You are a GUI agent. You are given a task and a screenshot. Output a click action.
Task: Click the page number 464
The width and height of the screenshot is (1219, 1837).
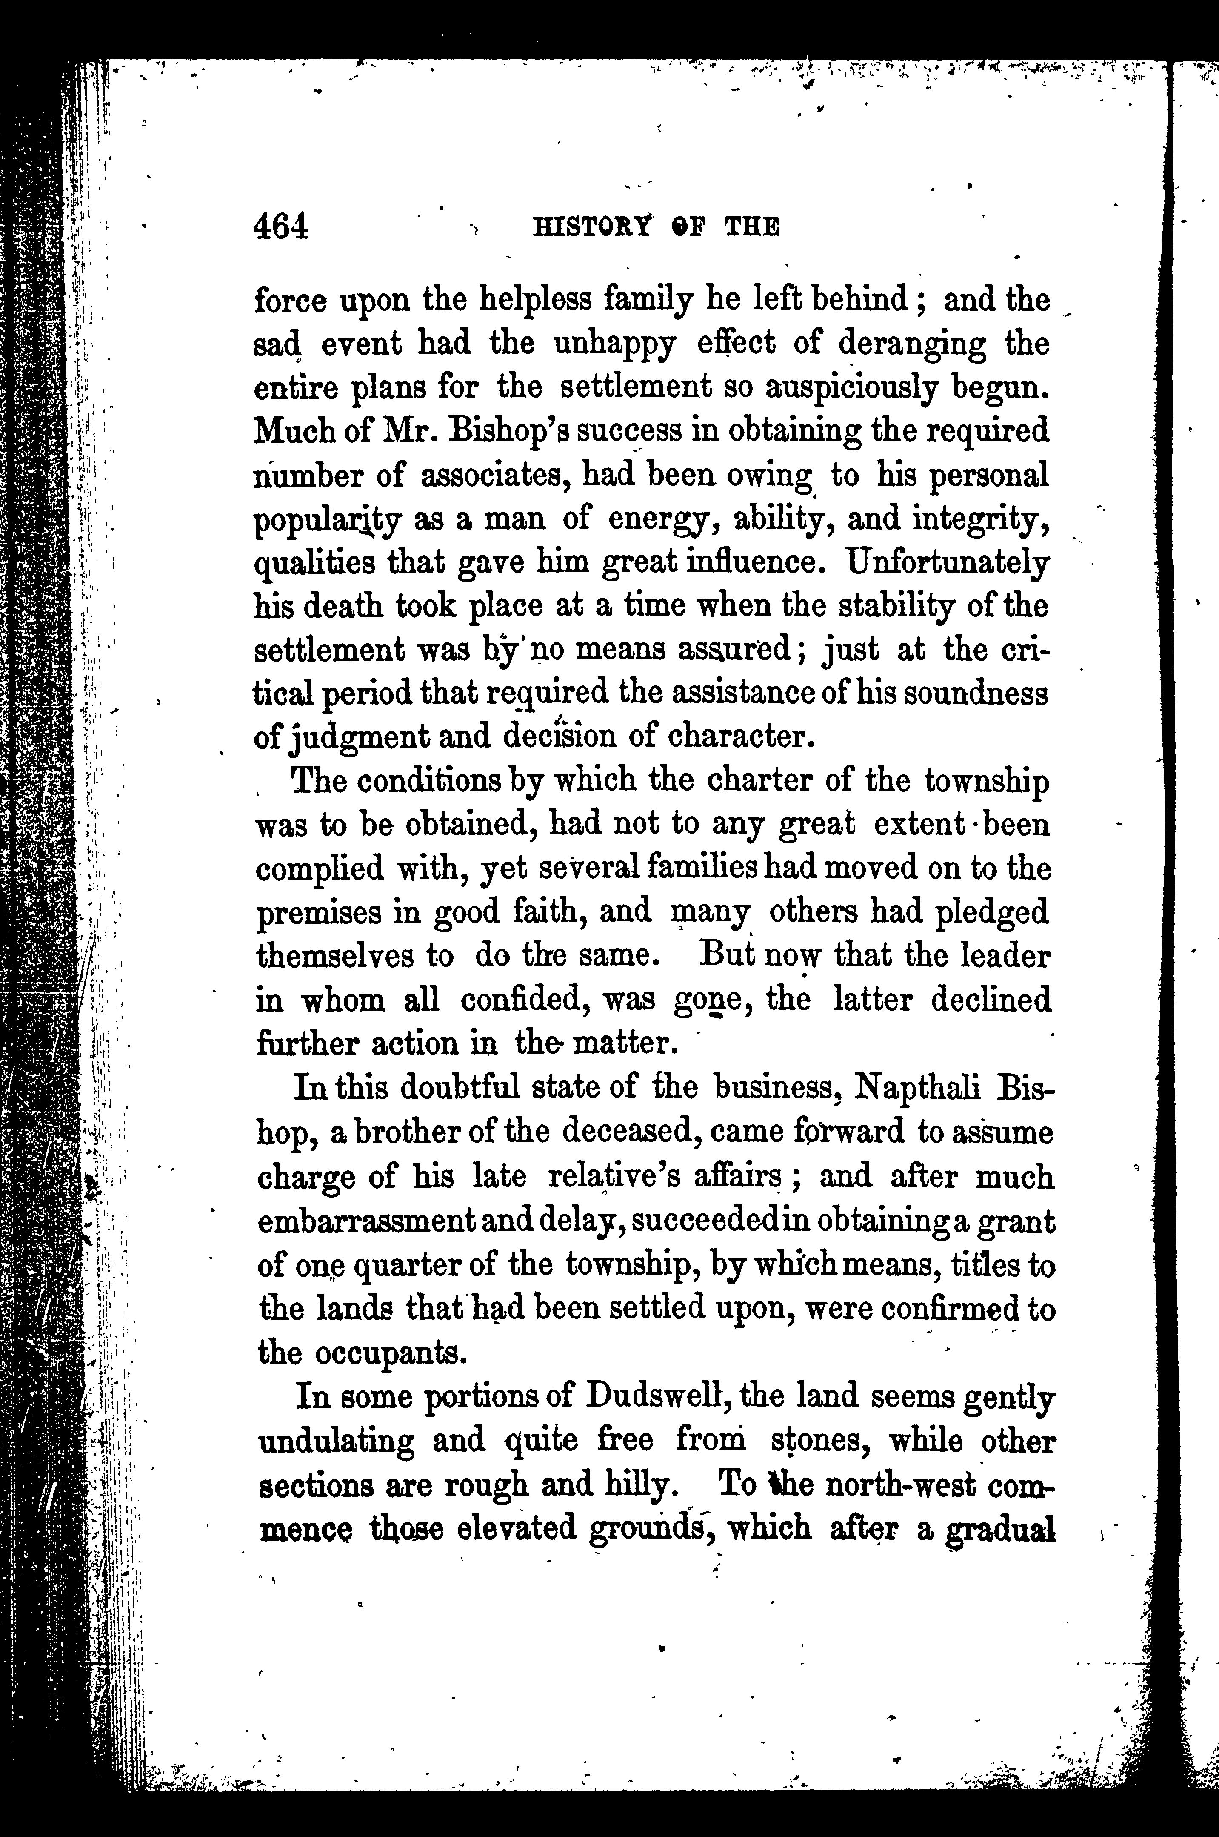(281, 226)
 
